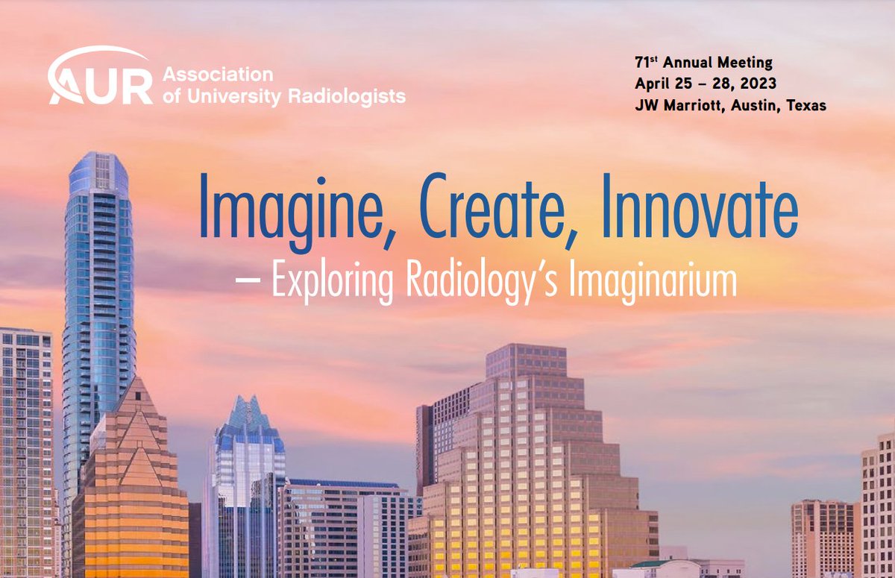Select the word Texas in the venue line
tap(806, 105)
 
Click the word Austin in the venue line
tap(756, 105)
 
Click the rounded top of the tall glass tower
tap(98, 166)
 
